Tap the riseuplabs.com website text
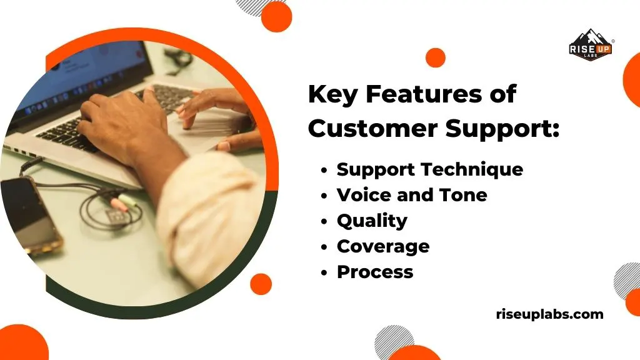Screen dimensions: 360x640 [x=549, y=314]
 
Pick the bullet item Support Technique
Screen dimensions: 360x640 [x=430, y=169]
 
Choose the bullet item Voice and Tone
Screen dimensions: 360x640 [x=412, y=195]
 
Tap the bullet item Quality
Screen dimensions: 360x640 [x=372, y=221]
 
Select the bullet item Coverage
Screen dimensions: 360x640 [x=383, y=246]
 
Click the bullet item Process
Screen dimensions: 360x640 [x=375, y=272]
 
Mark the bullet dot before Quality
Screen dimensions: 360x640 [x=324, y=221]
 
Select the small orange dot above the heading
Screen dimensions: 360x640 [x=435, y=57]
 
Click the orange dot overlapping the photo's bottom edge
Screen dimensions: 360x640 [x=261, y=284]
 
